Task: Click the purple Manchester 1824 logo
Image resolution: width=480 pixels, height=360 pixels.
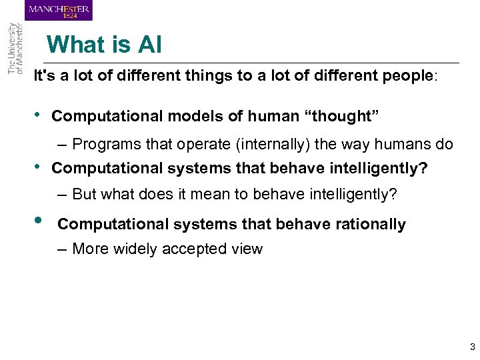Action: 59,11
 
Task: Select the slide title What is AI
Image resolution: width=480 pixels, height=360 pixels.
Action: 104,45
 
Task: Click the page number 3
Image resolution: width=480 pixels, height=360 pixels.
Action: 472,347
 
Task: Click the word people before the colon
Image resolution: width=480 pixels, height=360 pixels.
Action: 407,76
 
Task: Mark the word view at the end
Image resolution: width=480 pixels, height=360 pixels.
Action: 247,249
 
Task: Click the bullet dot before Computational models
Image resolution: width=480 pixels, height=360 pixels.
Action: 37,115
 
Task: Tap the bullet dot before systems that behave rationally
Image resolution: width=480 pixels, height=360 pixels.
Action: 39,223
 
